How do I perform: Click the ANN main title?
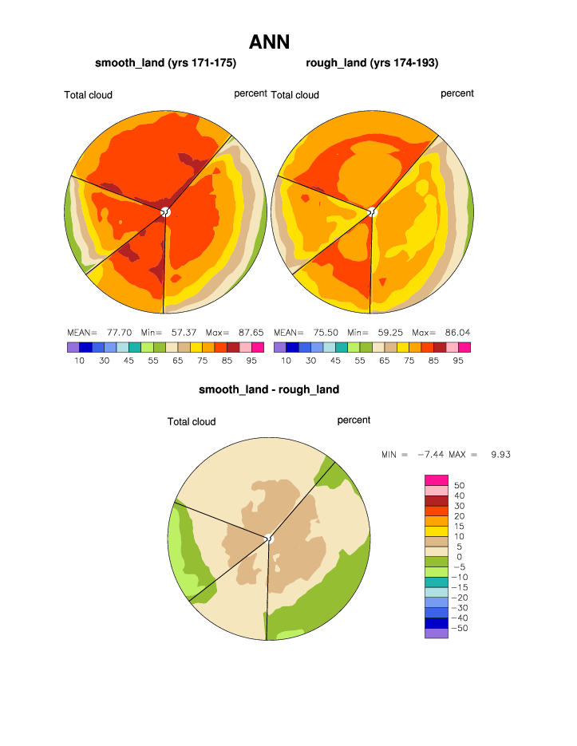[269, 41]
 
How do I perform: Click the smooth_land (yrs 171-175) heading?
[165, 63]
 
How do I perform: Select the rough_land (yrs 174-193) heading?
[372, 63]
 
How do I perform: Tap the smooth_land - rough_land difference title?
[269, 390]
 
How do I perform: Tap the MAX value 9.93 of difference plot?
[500, 454]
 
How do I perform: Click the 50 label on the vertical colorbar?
[459, 485]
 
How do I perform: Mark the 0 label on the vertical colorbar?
[459, 557]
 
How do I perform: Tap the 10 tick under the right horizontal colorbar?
[286, 361]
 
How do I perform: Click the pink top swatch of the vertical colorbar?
[437, 480]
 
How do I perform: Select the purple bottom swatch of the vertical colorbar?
[437, 634]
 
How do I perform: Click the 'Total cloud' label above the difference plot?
[192, 421]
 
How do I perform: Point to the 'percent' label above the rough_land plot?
[457, 93]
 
